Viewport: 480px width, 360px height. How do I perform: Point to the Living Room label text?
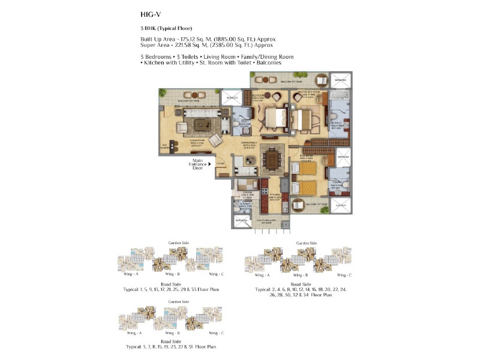(198, 142)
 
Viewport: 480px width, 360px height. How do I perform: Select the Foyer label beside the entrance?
(220, 163)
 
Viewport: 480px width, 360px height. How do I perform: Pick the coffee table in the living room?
(200, 125)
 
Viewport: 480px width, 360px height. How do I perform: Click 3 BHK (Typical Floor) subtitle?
(166, 28)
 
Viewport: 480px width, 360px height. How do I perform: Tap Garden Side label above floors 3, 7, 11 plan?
(178, 301)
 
